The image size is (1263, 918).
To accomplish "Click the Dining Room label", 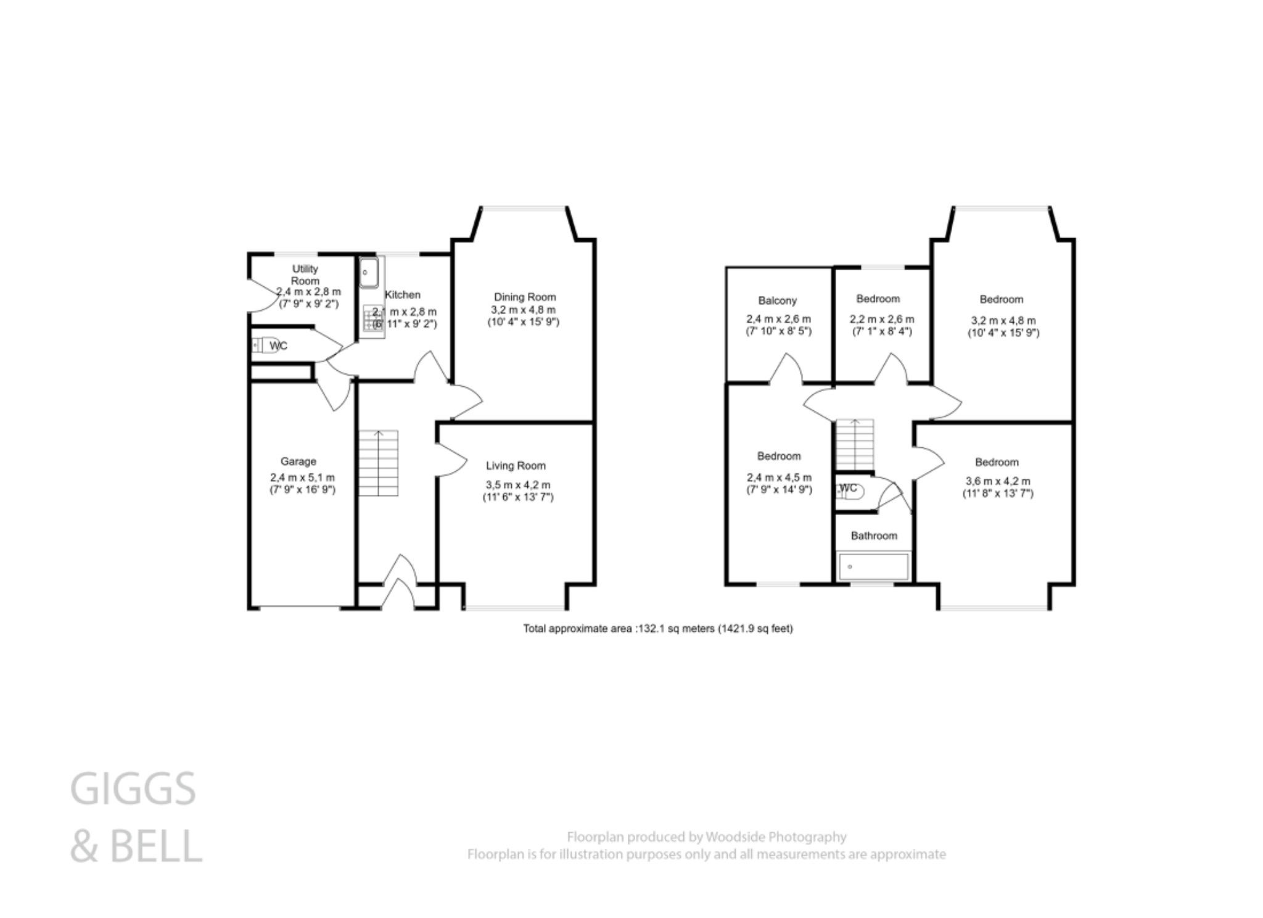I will click(525, 297).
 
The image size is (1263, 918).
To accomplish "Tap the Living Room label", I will click(516, 466).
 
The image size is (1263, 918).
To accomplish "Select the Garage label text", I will click(298, 461).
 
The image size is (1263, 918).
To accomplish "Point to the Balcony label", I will click(777, 300).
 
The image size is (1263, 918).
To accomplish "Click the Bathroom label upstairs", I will click(874, 535).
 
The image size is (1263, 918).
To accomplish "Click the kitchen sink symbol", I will click(368, 273).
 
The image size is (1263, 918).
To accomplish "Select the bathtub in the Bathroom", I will click(873, 566).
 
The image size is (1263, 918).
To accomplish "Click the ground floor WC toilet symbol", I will click(266, 345).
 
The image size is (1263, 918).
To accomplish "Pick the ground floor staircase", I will click(379, 463).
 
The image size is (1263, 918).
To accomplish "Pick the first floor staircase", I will click(855, 444).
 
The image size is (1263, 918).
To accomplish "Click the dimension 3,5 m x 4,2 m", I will click(517, 485).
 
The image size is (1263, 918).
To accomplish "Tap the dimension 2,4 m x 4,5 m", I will click(779, 478).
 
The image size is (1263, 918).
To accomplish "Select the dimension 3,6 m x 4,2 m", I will click(998, 481).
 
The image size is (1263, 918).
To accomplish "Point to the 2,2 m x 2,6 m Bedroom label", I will click(878, 299).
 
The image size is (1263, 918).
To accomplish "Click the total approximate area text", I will click(658, 629).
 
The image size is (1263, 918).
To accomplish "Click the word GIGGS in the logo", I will click(133, 789).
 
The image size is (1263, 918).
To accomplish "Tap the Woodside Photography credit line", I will click(706, 837).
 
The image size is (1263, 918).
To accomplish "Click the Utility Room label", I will click(305, 275).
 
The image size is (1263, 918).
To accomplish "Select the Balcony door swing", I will click(786, 368).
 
